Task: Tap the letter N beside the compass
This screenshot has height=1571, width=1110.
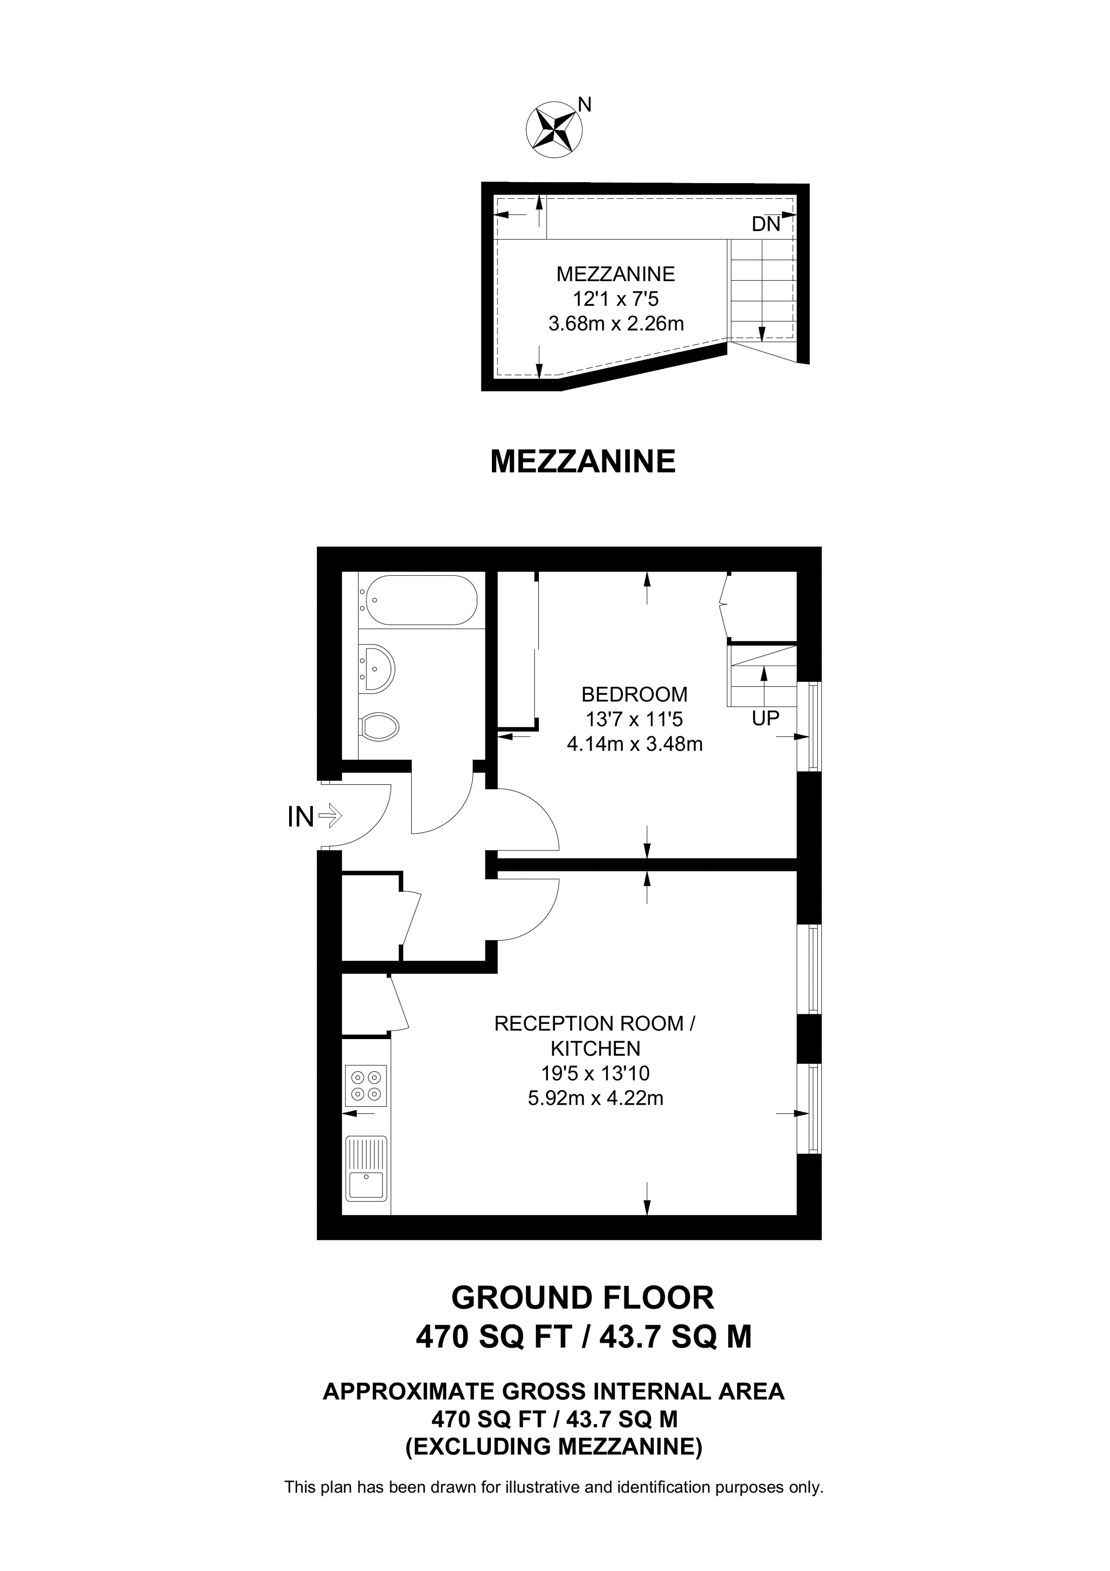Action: pyautogui.click(x=585, y=104)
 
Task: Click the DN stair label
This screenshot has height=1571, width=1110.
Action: pyautogui.click(x=766, y=225)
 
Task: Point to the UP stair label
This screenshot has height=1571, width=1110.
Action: pyautogui.click(x=766, y=719)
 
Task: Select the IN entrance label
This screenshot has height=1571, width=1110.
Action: pyautogui.click(x=300, y=817)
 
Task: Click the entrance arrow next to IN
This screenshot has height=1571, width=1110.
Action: pyautogui.click(x=330, y=815)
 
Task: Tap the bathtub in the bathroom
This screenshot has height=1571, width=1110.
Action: pyautogui.click(x=419, y=600)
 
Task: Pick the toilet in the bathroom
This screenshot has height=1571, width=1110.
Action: pyautogui.click(x=379, y=726)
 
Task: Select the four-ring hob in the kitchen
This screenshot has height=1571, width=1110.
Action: pyautogui.click(x=367, y=1087)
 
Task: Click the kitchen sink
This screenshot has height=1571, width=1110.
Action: pyautogui.click(x=367, y=1169)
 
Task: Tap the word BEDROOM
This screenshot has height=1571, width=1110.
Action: pyautogui.click(x=634, y=694)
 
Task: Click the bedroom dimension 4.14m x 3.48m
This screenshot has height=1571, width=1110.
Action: pyautogui.click(x=635, y=744)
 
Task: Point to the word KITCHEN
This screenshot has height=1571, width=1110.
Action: pyautogui.click(x=596, y=1048)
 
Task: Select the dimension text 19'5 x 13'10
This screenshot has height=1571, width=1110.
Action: pyautogui.click(x=596, y=1073)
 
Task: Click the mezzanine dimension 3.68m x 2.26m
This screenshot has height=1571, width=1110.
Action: pyautogui.click(x=616, y=323)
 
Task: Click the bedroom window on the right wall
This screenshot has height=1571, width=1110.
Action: pyautogui.click(x=810, y=726)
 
